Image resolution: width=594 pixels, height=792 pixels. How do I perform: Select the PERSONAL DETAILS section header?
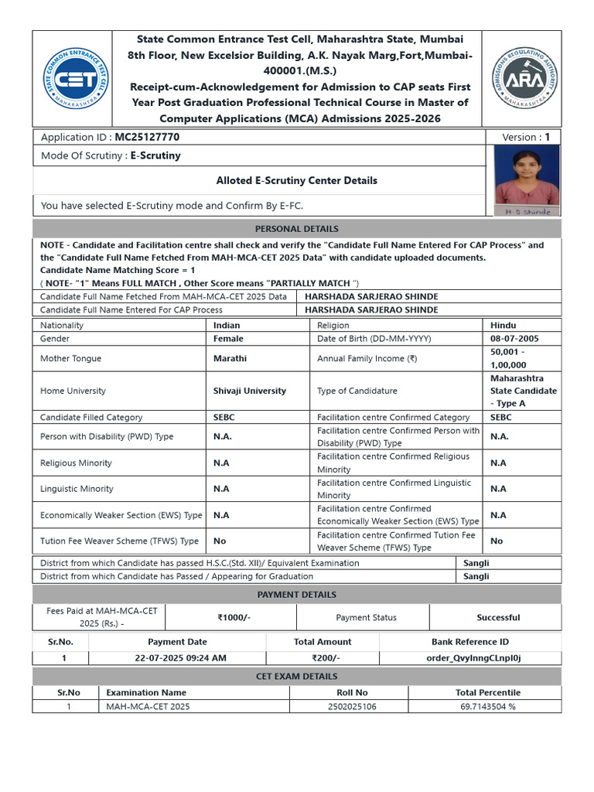click(297, 229)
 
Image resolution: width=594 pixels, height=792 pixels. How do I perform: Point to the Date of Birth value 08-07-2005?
click(514, 339)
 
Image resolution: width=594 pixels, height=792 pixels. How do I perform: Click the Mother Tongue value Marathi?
click(230, 359)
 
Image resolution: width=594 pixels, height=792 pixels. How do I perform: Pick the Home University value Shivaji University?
click(249, 391)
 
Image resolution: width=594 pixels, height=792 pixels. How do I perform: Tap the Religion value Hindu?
click(503, 326)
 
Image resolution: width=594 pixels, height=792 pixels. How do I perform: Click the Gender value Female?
click(228, 339)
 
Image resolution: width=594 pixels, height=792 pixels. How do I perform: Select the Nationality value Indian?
click(227, 326)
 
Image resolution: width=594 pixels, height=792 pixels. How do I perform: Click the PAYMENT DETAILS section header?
click(297, 595)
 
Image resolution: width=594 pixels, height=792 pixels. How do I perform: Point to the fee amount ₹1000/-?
click(234, 618)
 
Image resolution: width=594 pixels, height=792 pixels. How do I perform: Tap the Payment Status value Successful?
click(498, 618)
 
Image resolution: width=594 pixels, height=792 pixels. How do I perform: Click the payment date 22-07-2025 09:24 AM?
click(177, 658)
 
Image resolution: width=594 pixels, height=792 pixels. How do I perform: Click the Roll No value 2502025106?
click(352, 706)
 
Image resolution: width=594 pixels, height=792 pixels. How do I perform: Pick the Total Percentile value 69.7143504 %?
click(487, 706)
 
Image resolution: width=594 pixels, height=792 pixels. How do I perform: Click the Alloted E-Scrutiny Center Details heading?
click(297, 180)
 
